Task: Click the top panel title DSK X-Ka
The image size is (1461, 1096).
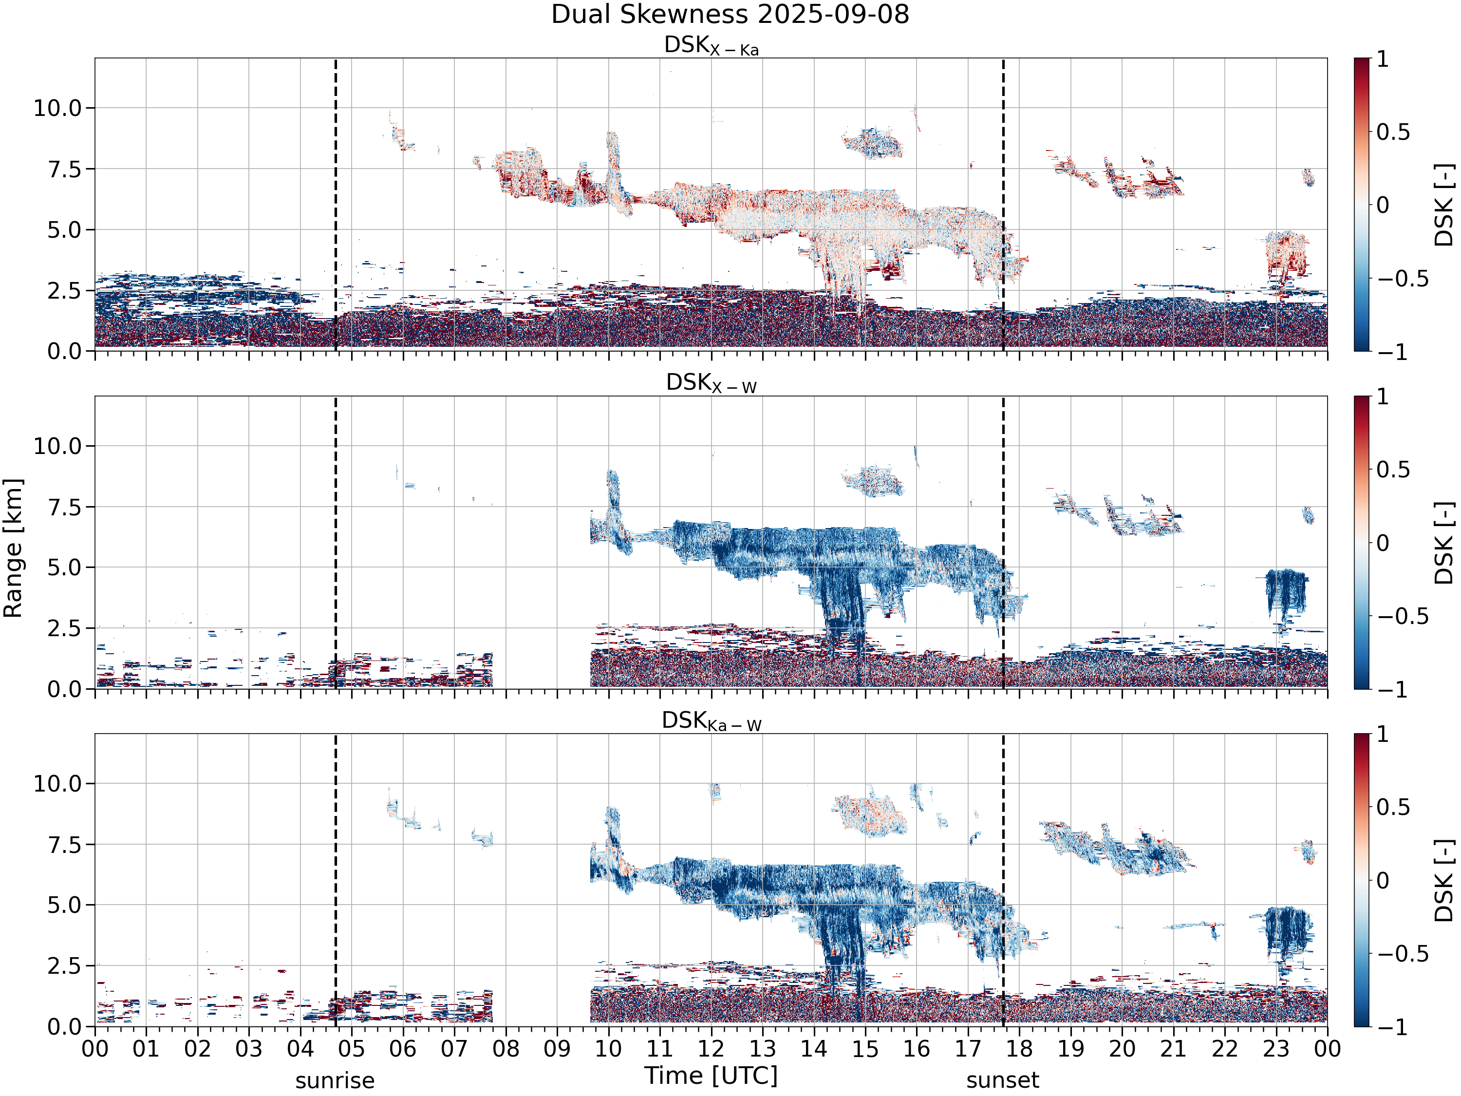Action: click(712, 46)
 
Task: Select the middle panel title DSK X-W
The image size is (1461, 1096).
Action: click(712, 383)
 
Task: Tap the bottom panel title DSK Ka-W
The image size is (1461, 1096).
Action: click(712, 721)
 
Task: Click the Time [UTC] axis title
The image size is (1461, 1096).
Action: click(712, 1076)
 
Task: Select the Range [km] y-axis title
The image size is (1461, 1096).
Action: click(13, 548)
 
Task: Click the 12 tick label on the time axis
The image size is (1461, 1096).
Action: click(712, 1049)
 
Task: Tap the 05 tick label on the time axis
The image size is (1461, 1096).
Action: click(352, 1049)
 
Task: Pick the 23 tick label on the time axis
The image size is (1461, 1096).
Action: click(1276, 1049)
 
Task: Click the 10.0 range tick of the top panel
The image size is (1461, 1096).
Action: click(58, 108)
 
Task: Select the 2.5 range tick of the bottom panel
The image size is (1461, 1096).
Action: click(65, 966)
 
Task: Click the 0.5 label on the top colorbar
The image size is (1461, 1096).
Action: click(1393, 132)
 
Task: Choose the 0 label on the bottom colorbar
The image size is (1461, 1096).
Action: click(1383, 880)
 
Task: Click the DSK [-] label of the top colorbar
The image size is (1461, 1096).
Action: click(1444, 205)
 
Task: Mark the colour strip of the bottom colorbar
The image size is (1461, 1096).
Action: click(1361, 880)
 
